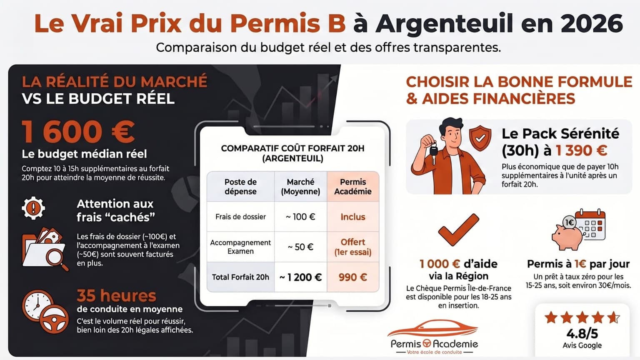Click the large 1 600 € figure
[78, 132]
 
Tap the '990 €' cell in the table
[352, 277]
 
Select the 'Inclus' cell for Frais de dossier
[352, 217]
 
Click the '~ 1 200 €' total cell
[300, 277]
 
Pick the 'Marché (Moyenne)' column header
[300, 187]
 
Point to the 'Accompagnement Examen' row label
[240, 247]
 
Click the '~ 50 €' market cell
[300, 247]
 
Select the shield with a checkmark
[480, 137]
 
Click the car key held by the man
[433, 149]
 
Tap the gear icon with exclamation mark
[33, 207]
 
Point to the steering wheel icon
[55, 320]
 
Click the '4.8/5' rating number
[582, 333]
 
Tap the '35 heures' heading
[116, 296]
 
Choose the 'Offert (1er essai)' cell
[352, 247]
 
